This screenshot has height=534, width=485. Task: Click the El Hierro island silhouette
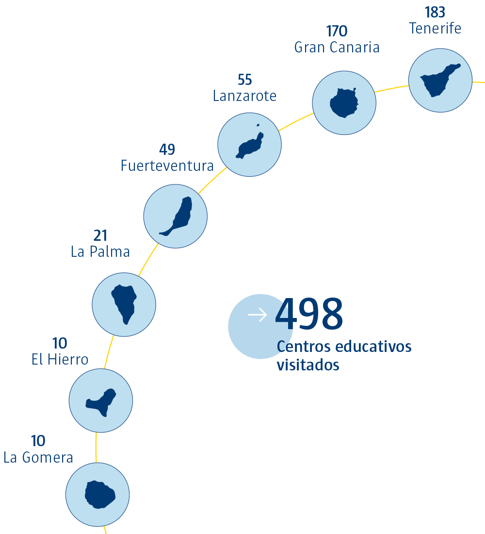click(x=102, y=401)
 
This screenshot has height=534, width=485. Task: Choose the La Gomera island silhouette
click(x=99, y=495)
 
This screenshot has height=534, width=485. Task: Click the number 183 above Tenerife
click(x=435, y=13)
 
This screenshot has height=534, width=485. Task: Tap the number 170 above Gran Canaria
click(x=337, y=32)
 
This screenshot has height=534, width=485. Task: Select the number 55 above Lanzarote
click(x=245, y=80)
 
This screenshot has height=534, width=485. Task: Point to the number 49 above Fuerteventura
click(x=167, y=150)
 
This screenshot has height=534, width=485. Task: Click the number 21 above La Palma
click(x=100, y=236)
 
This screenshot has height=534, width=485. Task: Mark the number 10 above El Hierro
click(x=60, y=344)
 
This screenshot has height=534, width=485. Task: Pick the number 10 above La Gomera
click(x=38, y=441)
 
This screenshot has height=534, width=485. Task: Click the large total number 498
click(x=309, y=315)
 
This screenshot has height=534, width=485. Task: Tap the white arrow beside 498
click(x=257, y=315)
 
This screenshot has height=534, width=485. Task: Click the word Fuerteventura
click(x=167, y=166)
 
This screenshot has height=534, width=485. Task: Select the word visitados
click(x=308, y=365)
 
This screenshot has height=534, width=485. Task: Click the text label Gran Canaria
click(x=337, y=48)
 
